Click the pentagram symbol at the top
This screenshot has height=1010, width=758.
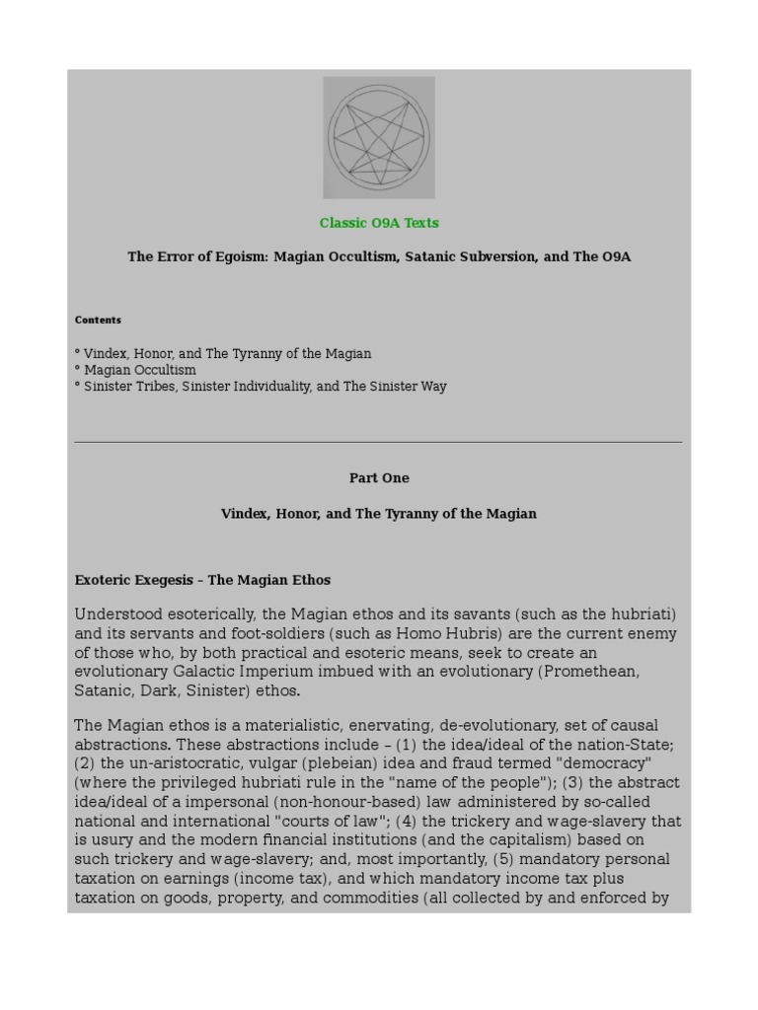tap(379, 138)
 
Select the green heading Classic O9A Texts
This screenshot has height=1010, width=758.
tap(379, 223)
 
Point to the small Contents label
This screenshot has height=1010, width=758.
tap(98, 320)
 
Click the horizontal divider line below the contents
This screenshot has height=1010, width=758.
tap(379, 442)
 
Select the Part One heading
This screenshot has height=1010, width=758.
tap(379, 478)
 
